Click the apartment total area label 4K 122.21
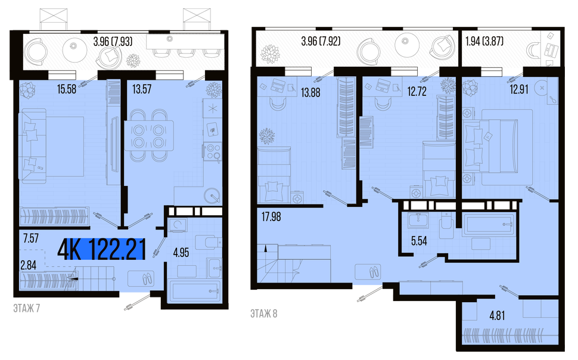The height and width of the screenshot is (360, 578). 101,249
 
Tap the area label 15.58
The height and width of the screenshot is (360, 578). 67,89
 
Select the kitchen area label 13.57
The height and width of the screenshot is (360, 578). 142,89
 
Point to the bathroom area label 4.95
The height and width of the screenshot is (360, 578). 181,253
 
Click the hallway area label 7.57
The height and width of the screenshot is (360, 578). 31,238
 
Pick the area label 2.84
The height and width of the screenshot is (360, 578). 29,265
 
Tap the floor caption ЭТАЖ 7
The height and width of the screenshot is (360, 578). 27,308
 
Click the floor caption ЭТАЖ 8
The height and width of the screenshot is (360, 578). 264,314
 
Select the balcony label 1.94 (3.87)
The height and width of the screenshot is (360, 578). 484,41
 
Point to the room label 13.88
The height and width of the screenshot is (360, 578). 310,92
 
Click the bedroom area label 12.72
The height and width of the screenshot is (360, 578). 417,91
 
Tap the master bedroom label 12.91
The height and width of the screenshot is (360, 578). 519,89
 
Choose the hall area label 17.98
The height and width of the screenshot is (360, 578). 271,217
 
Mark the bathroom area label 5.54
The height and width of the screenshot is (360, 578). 419,241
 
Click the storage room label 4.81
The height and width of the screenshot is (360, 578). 498,316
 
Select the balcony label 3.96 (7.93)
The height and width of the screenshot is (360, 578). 113,42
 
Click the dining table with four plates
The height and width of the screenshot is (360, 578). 149,136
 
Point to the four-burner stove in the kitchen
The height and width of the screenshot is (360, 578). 213,151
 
